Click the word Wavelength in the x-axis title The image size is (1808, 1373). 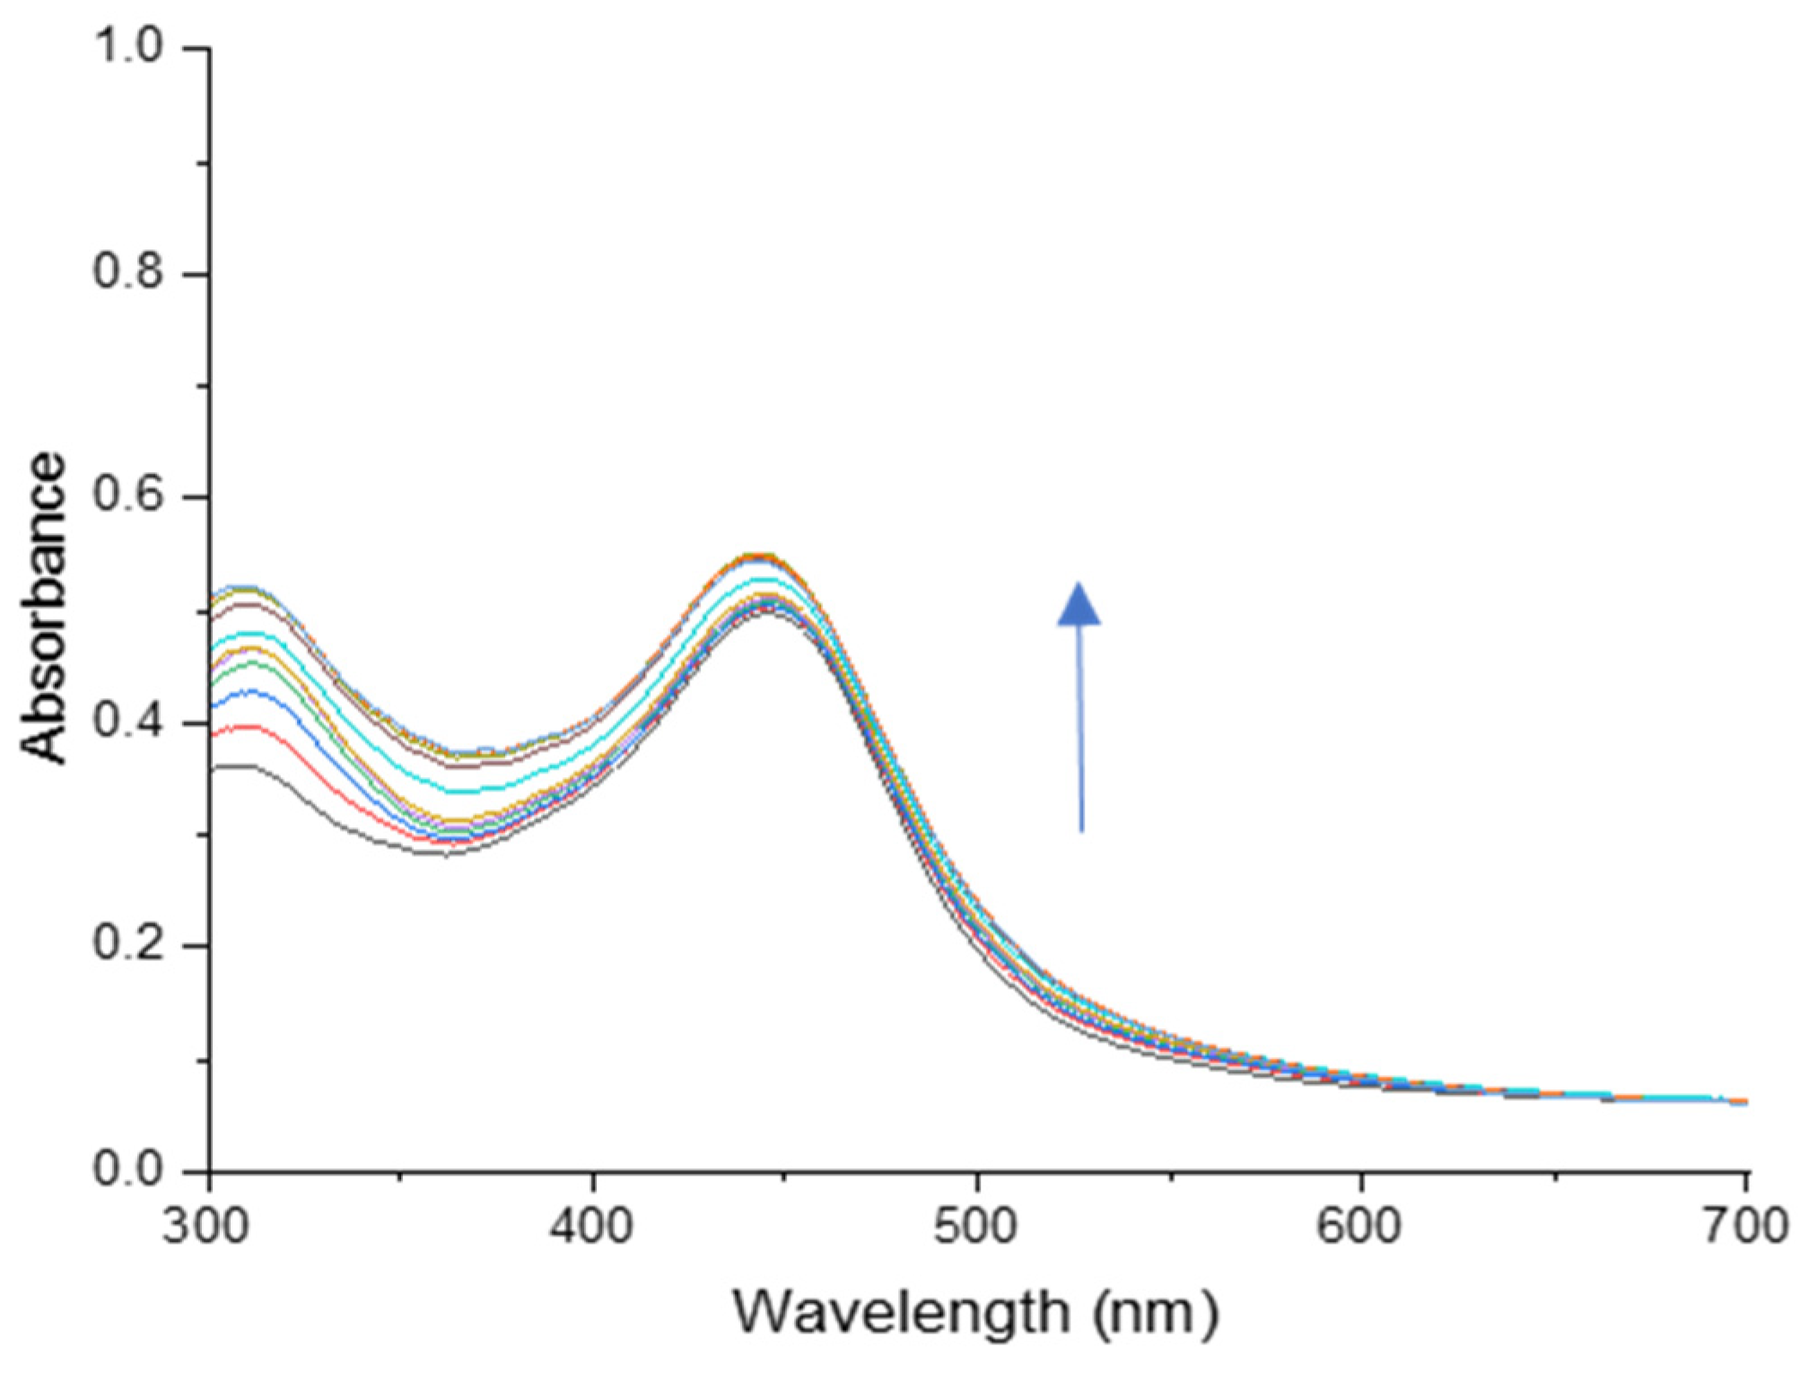point(902,1313)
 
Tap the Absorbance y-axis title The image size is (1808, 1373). point(45,608)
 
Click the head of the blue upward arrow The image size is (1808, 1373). point(1079,603)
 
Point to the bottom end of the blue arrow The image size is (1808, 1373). point(1081,830)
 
